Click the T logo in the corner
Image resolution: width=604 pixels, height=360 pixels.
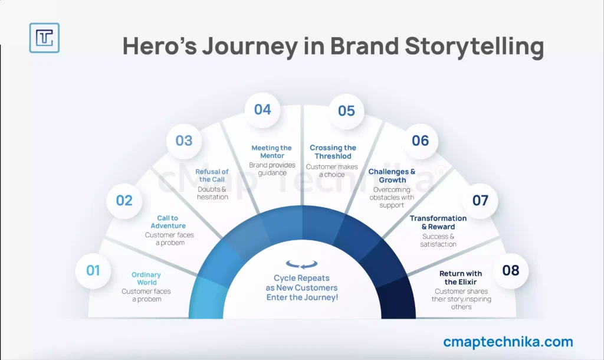tap(44, 38)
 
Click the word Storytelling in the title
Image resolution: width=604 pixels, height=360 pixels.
tap(474, 47)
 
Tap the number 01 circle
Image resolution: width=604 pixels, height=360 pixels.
tap(93, 270)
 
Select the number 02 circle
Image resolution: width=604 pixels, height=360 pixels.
tap(124, 201)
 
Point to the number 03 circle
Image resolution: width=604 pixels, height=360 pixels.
tap(184, 140)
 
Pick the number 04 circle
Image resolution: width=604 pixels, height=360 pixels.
tap(262, 110)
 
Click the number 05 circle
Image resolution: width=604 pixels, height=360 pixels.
tap(346, 111)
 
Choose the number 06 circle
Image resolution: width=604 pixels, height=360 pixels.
tap(420, 140)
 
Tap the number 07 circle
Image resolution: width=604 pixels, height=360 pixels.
tap(480, 201)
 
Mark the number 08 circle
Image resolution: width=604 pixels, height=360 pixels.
tap(511, 270)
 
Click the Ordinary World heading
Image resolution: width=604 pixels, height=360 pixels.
tap(146, 279)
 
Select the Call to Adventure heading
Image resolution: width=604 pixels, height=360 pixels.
tap(168, 222)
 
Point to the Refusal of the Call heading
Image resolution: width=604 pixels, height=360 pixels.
tap(212, 175)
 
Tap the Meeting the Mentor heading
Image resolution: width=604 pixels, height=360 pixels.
tap(271, 152)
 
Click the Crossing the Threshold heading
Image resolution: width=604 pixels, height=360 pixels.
tap(333, 152)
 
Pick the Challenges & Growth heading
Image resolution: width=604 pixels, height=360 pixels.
tap(392, 176)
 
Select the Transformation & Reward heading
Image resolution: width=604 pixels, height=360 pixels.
tap(438, 222)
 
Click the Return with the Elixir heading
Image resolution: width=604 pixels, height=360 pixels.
tap(461, 277)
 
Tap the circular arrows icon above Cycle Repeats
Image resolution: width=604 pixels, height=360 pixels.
tap(301, 264)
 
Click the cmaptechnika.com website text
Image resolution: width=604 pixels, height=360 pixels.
tap(508, 342)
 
